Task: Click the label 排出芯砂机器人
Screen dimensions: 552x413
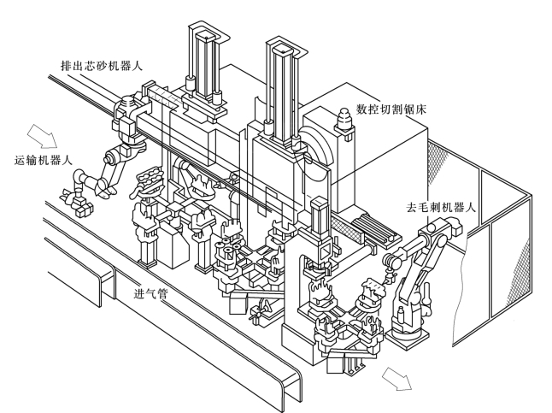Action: pyautogui.click(x=102, y=66)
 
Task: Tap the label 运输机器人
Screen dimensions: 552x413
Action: pyautogui.click(x=44, y=160)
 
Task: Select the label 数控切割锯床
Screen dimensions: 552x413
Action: pyautogui.click(x=391, y=109)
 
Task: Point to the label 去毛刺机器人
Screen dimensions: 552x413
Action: pyautogui.click(x=442, y=207)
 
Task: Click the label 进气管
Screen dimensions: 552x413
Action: pyautogui.click(x=151, y=293)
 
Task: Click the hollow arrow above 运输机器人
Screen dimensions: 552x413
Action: pyautogui.click(x=43, y=136)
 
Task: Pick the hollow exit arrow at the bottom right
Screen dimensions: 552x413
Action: pyautogui.click(x=397, y=379)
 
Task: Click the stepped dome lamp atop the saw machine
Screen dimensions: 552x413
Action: pyautogui.click(x=344, y=120)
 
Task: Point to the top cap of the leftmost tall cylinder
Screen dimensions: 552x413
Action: pyautogui.click(x=206, y=36)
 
